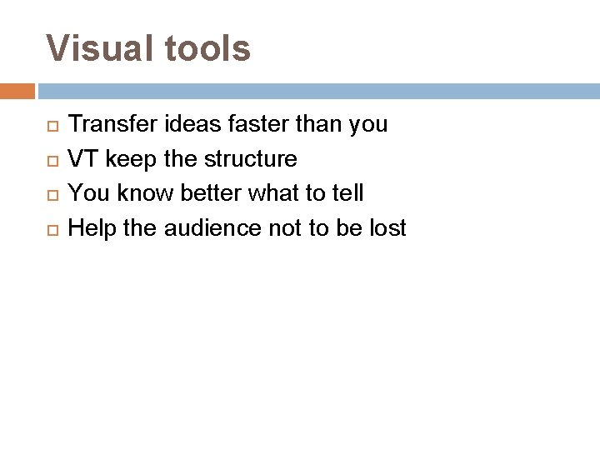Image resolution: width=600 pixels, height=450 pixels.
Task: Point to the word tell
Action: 348,193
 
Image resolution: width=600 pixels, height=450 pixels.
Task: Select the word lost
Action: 387,227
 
